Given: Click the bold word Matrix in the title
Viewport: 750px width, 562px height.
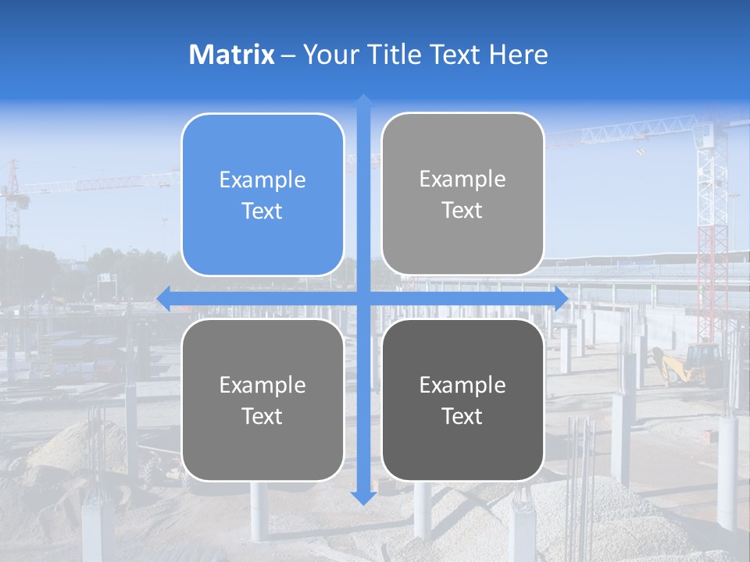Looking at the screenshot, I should tap(231, 55).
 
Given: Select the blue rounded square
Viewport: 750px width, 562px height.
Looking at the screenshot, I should tap(262, 195).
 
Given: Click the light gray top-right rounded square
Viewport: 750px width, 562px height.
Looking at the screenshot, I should tap(462, 194).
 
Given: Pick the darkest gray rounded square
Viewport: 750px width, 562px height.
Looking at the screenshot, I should tap(462, 400).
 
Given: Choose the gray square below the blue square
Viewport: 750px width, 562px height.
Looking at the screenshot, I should tap(262, 400).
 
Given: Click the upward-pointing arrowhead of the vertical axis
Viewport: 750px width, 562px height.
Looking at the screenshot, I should tap(363, 101).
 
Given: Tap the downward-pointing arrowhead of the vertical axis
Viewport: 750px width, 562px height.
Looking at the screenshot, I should tap(363, 497).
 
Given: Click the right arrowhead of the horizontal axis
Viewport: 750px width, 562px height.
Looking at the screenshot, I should tap(560, 298).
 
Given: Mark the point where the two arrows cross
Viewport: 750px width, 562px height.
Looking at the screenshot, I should tap(363, 298).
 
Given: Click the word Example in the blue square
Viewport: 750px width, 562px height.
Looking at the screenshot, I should tap(262, 180).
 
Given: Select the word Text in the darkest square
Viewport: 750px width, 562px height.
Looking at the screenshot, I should tap(462, 416).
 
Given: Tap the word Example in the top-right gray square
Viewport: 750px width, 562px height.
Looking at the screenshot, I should tap(462, 179).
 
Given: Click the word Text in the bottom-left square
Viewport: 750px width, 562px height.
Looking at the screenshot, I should tap(262, 416).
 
